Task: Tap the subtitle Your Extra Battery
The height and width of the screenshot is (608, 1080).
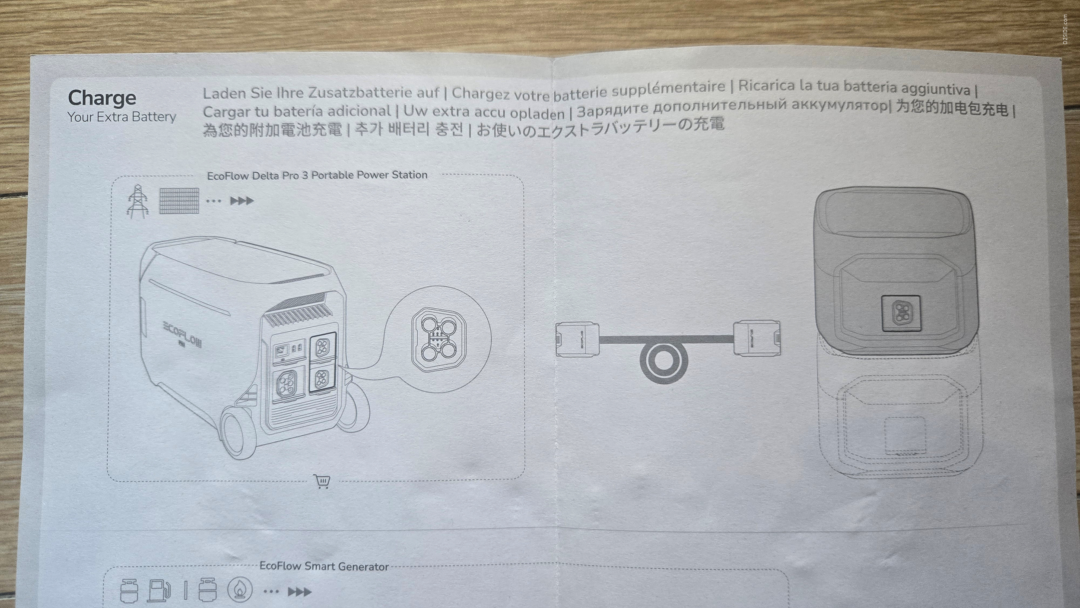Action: [122, 117]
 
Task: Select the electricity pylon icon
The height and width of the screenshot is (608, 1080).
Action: [138, 201]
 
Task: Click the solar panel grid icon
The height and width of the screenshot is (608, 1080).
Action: [179, 201]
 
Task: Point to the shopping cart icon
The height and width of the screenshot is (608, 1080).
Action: [322, 481]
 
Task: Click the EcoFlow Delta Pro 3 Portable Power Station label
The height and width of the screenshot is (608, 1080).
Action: [317, 175]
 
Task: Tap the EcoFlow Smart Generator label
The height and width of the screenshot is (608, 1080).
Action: [324, 566]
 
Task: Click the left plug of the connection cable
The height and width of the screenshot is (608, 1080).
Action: [578, 340]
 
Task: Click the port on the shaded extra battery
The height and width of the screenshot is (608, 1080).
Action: [901, 313]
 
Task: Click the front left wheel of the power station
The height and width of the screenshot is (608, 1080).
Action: [238, 432]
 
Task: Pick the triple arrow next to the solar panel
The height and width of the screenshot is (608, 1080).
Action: [242, 201]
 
